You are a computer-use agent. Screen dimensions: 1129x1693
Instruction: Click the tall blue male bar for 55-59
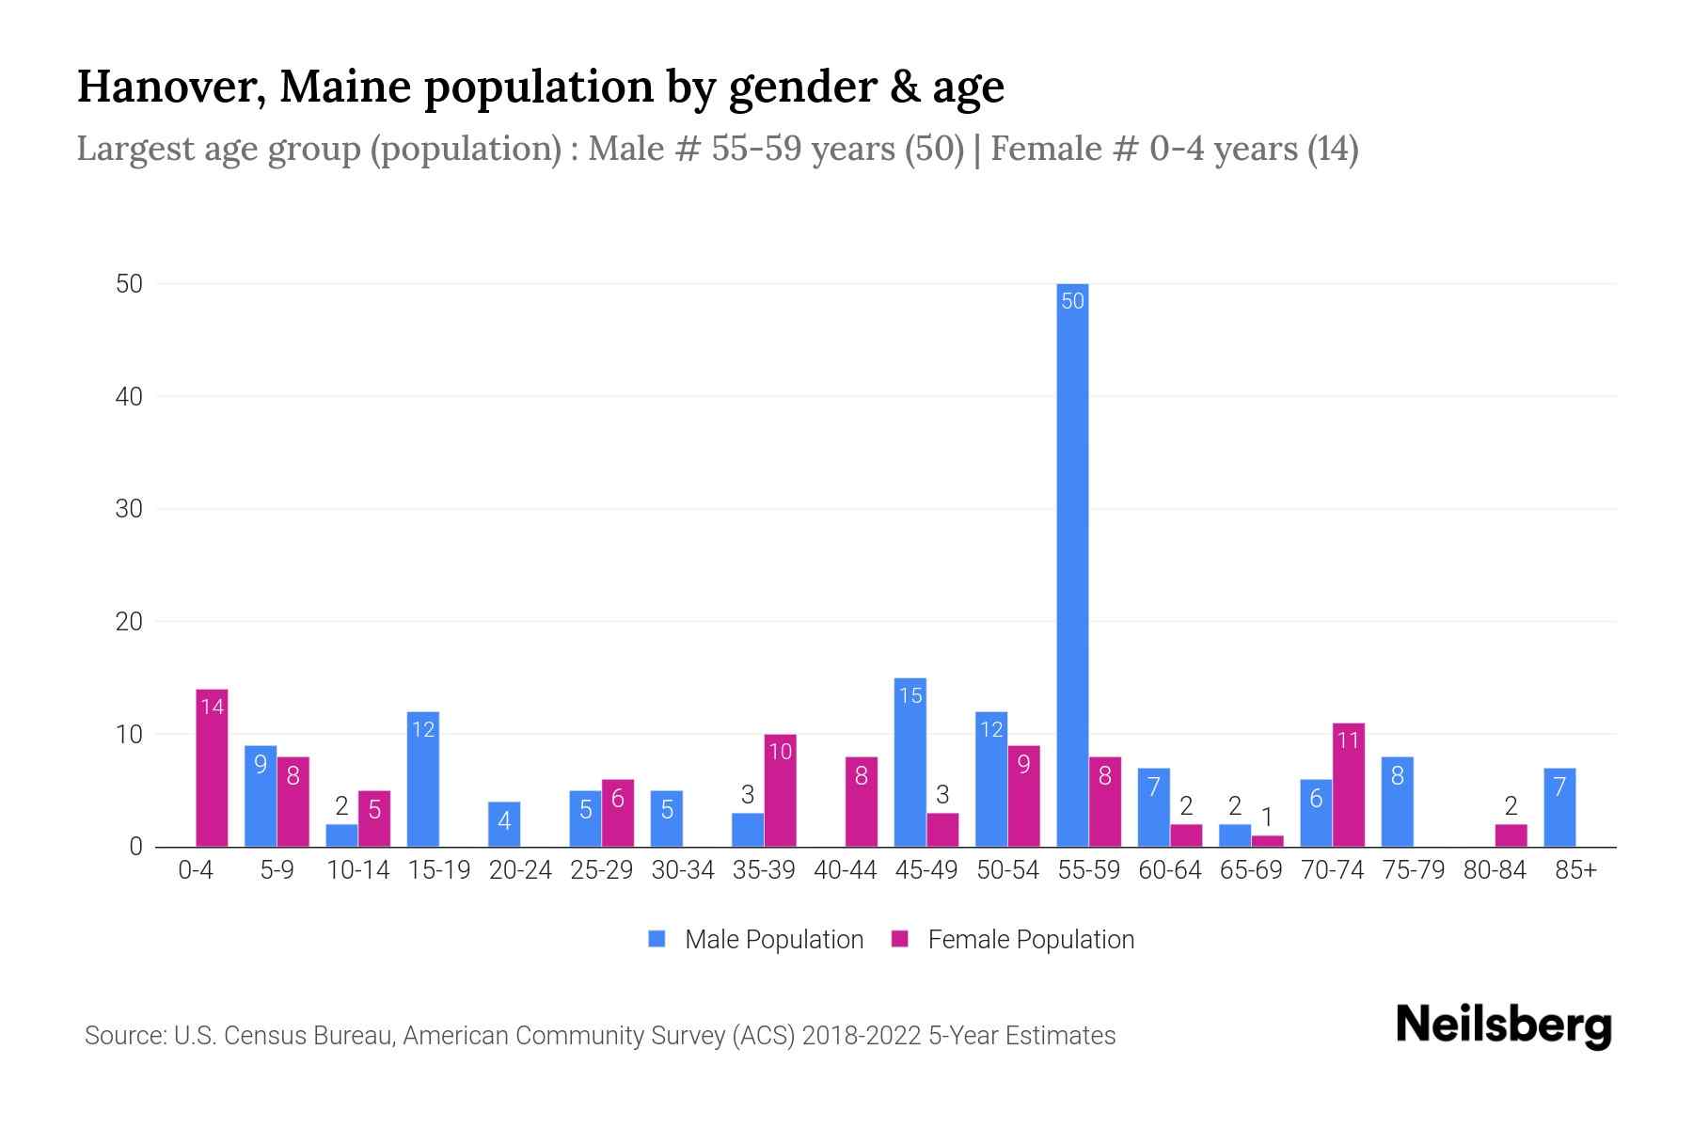pos(1072,564)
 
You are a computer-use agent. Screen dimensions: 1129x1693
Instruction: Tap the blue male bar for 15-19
pos(423,779)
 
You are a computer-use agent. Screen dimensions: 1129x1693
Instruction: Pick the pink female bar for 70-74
pos(1348,786)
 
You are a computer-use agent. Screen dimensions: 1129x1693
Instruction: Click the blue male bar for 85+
pos(1559,807)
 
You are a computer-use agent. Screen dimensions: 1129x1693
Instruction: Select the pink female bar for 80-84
pos(1511,835)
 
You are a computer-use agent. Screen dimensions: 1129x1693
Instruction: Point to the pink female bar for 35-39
pos(780,790)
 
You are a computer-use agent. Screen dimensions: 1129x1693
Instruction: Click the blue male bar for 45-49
pos(910,762)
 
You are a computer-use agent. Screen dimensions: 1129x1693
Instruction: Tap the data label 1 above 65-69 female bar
pos(1267,817)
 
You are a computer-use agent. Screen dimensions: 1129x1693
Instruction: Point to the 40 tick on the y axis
pos(130,397)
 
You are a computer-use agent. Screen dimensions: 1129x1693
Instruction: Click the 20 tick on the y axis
pos(130,622)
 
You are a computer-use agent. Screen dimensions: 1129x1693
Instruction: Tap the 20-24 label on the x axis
pos(520,870)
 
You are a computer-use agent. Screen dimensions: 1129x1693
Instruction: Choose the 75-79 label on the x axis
pos(1413,870)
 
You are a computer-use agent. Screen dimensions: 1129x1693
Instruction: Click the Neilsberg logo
pos(1503,1026)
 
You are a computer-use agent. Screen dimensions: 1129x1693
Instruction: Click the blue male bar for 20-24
pos(504,824)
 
